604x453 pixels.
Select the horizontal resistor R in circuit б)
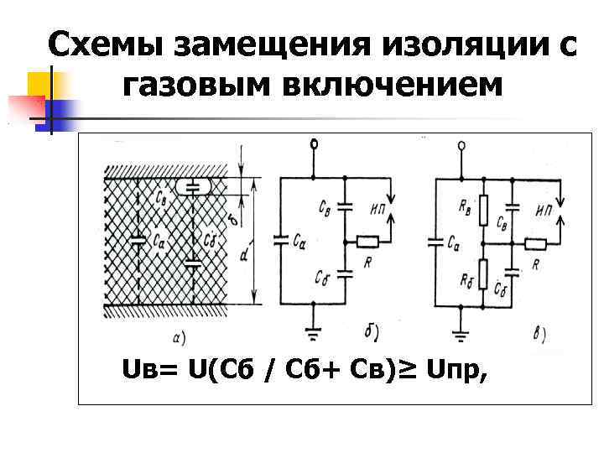point(367,242)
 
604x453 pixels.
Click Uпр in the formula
point(461,369)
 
